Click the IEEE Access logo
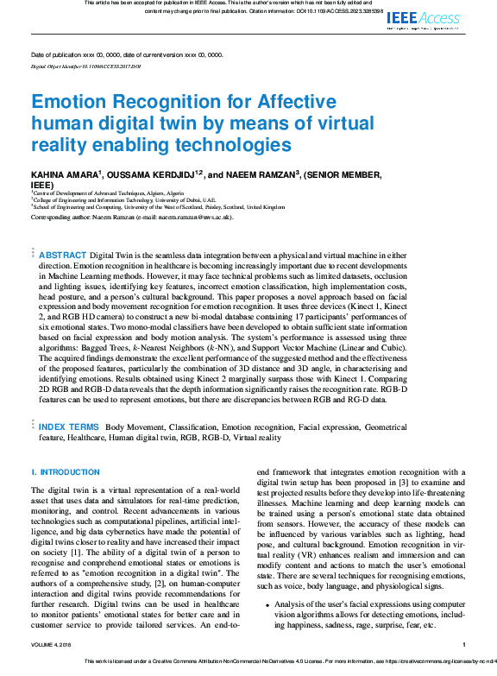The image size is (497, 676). [x=425, y=18]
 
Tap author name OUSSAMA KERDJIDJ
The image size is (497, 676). [x=151, y=175]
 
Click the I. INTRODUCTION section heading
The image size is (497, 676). [x=66, y=472]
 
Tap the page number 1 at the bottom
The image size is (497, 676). [x=464, y=644]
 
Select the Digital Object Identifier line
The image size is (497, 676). [x=79, y=66]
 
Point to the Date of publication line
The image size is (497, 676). [x=126, y=54]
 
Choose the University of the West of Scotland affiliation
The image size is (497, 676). [x=153, y=207]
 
